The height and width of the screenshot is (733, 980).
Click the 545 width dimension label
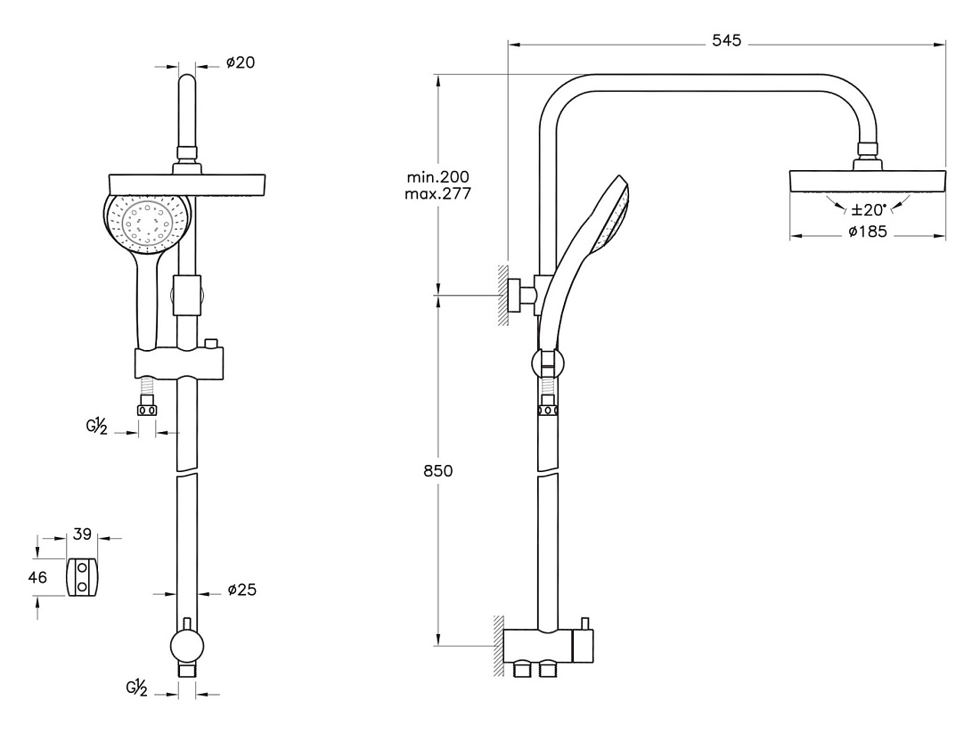[x=726, y=41]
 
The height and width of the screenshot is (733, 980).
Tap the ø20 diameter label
[x=241, y=62]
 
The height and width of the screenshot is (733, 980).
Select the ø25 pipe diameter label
[x=241, y=590]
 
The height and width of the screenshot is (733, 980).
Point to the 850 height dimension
[x=437, y=470]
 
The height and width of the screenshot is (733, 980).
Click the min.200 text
[x=437, y=177]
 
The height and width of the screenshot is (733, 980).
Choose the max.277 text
[x=437, y=194]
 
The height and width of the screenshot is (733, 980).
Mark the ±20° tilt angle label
[x=869, y=209]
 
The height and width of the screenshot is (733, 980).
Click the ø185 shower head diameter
[x=868, y=232]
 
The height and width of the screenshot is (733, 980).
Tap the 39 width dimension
[x=82, y=534]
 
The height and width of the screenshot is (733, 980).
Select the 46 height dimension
[x=37, y=577]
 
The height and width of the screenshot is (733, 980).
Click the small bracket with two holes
[x=82, y=577]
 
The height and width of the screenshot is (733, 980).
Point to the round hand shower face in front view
[x=148, y=224]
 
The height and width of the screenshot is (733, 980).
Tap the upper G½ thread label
[x=97, y=427]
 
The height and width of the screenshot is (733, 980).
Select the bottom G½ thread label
[x=136, y=688]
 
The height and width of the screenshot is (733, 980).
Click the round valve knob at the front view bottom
[x=187, y=647]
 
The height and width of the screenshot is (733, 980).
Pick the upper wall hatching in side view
[x=502, y=295]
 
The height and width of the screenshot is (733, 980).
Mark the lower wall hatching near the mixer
[x=499, y=646]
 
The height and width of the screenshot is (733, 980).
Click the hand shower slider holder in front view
[x=179, y=363]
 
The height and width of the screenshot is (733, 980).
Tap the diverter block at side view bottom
[x=548, y=646]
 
